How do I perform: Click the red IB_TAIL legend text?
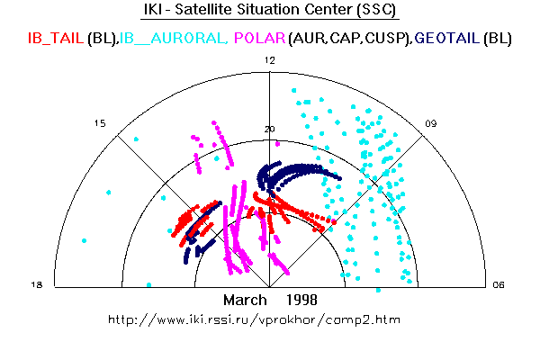[56, 39]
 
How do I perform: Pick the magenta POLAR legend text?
[259, 39]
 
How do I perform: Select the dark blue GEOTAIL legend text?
[447, 39]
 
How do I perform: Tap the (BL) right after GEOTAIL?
[498, 39]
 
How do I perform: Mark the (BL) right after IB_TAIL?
[103, 39]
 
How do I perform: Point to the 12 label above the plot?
[269, 59]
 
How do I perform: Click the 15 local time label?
[101, 123]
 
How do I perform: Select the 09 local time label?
[432, 123]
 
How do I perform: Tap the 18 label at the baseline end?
[38, 284]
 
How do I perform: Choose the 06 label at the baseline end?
[498, 284]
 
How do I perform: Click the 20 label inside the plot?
[268, 129]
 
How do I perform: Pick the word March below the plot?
[244, 299]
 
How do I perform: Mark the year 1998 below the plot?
[301, 299]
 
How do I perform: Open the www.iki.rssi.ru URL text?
[254, 319]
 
